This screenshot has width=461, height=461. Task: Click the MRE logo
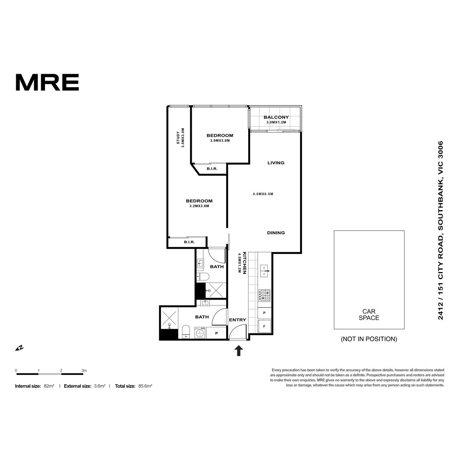(x=47, y=82)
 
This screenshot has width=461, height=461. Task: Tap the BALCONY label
(x=276, y=117)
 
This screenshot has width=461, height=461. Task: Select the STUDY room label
(x=178, y=138)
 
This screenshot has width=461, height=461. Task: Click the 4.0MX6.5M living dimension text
(x=263, y=194)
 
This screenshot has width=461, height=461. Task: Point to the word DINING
(x=276, y=233)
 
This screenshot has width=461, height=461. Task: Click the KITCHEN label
(x=244, y=263)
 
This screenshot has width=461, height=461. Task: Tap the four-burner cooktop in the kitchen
(x=264, y=295)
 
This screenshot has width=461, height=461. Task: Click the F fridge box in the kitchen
(x=264, y=326)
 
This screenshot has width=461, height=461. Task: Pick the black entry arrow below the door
(x=239, y=351)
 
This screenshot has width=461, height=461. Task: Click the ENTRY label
(x=237, y=320)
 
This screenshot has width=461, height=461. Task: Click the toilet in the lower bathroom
(x=186, y=332)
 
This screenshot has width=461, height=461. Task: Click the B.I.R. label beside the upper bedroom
(x=212, y=169)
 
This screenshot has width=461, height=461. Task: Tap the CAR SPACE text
(x=369, y=315)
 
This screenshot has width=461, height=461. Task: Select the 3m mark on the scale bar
(x=84, y=371)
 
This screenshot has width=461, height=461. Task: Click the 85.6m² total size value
(x=145, y=386)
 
